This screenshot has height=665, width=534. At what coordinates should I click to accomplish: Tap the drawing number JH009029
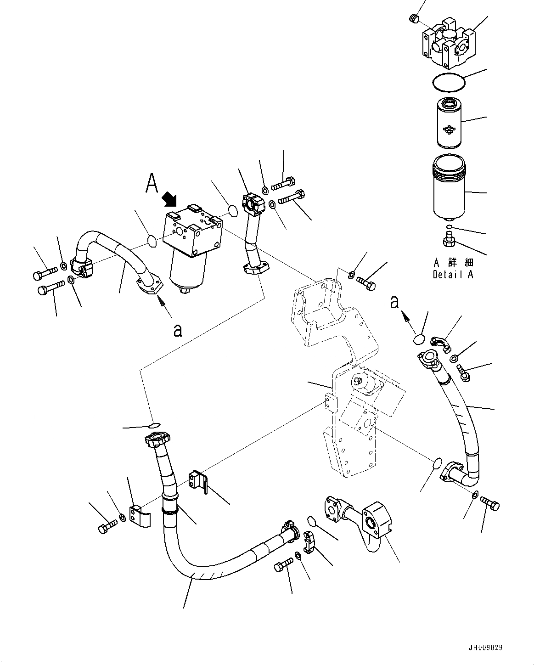[x=486, y=648]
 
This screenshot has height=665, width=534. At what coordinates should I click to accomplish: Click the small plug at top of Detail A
[x=414, y=18]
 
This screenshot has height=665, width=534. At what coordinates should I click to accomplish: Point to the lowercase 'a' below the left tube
[x=177, y=330]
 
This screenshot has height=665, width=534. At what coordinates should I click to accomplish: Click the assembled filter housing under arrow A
[x=191, y=248]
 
